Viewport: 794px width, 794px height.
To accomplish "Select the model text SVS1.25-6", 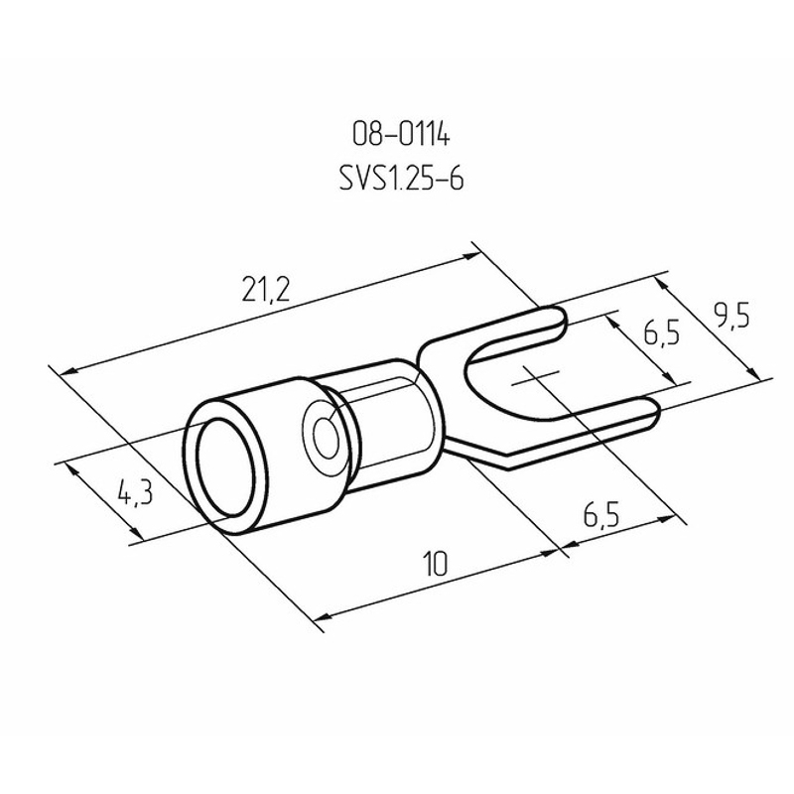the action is point(401,180).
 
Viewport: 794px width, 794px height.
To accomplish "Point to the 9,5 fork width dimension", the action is point(731,316).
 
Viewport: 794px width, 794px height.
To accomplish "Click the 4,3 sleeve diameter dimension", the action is point(135,492).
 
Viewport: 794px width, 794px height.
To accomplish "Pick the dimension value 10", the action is point(436,565).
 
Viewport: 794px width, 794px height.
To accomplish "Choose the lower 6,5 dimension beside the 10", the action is point(601,515).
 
